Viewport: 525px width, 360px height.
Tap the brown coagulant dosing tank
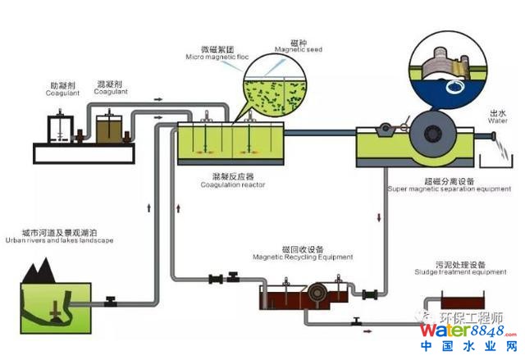[x=109, y=130]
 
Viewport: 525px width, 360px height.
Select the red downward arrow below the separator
[x=380, y=216]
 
